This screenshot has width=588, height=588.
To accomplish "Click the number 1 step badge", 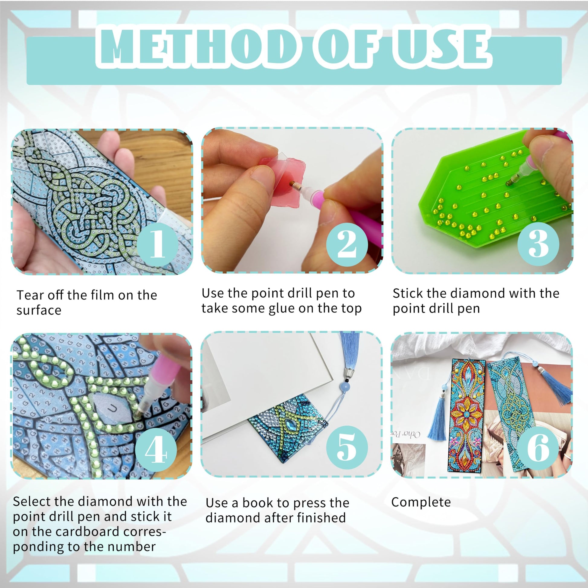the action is coord(157,244).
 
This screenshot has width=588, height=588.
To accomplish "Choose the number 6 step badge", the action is coord(538,448).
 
